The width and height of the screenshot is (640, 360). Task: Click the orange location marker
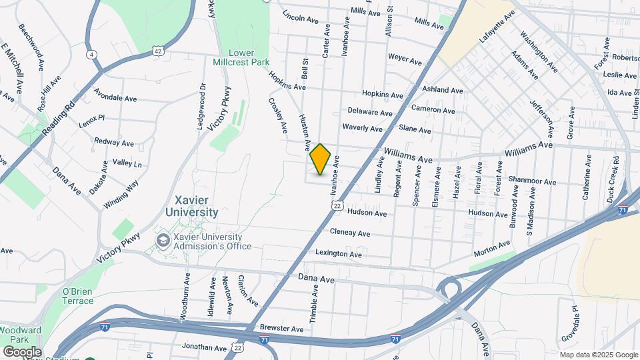320,159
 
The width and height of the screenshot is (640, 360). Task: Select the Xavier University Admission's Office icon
162,239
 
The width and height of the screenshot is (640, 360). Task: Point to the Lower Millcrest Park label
249,57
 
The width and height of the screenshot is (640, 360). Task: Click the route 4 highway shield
90,53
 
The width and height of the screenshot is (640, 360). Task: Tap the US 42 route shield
157,50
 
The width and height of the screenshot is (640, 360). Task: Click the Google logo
22,351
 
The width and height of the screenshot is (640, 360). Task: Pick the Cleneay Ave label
350,233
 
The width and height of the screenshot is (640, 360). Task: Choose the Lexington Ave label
339,254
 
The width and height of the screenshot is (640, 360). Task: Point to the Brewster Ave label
283,329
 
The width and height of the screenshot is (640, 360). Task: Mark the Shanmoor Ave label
531,180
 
